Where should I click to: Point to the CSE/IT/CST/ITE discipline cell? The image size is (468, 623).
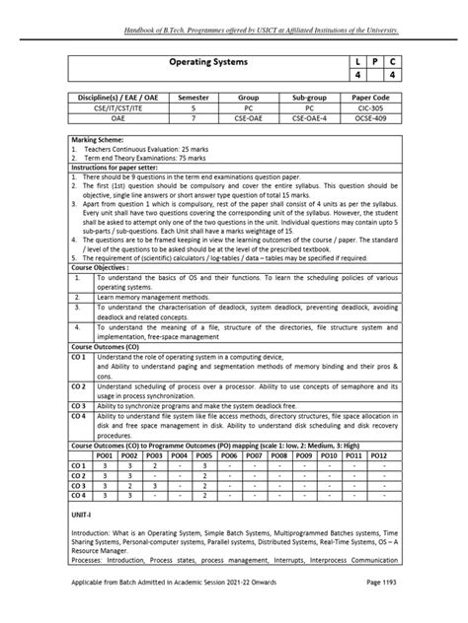coord(111,110)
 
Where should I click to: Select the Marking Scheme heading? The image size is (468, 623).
coord(100,140)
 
